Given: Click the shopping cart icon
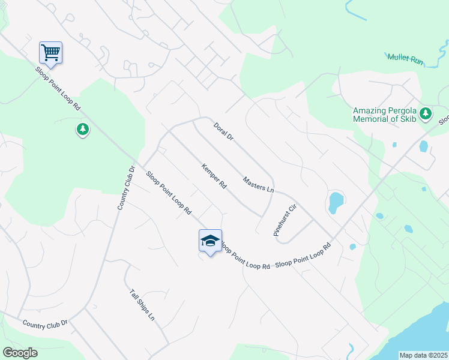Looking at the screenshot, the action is point(51,52).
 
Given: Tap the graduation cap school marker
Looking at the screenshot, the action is point(210,241).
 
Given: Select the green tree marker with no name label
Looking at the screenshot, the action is point(83,128).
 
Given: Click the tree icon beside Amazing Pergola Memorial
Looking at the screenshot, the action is point(426,113).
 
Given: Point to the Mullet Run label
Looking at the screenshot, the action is point(405,58).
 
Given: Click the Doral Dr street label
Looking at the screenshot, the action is point(223,131).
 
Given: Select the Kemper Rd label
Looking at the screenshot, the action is point(214,176).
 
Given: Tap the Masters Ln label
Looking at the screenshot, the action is point(258,184).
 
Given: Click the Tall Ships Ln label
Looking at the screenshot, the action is point(142,305).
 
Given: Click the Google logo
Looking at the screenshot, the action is point(19,353).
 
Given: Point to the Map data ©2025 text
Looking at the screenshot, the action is point(423,355).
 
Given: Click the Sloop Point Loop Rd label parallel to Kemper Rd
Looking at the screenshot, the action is point(169,193).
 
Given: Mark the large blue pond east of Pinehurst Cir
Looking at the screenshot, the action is point(335,202).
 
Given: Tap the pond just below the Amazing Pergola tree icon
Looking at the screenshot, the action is point(424,146).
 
